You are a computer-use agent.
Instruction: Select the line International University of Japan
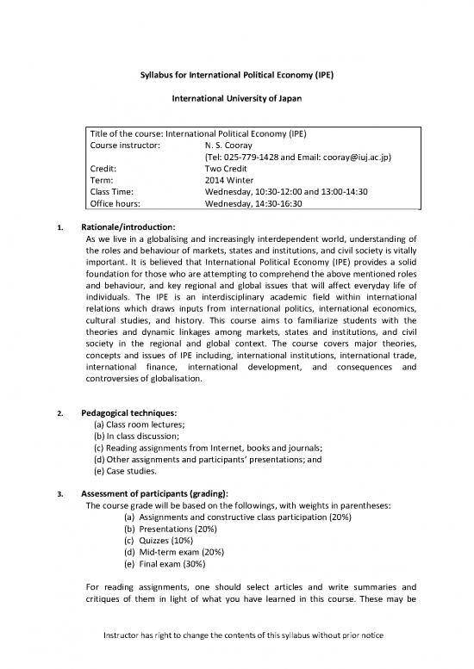click(236, 99)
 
